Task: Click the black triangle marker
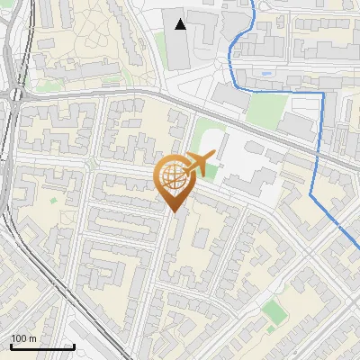click(181, 23)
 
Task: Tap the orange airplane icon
click(203, 163)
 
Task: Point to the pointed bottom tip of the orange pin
click(174, 212)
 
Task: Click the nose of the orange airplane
click(217, 156)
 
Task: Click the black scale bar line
click(41, 346)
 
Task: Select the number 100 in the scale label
click(20, 338)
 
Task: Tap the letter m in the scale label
click(32, 338)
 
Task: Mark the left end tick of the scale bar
click(11, 346)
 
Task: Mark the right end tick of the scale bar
click(73, 346)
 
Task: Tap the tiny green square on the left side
click(53, 200)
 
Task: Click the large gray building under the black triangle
click(181, 49)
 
